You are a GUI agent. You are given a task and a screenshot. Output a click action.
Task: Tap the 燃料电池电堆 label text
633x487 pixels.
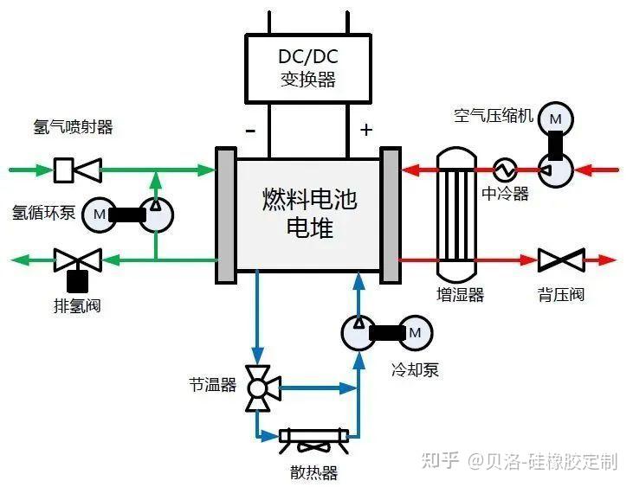tap(308, 215)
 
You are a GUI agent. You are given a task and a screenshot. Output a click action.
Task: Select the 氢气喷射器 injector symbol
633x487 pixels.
tap(76, 170)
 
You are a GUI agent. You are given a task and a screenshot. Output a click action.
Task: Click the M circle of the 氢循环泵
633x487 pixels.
tap(100, 214)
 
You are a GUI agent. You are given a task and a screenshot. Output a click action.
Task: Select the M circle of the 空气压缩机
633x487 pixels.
tap(556, 118)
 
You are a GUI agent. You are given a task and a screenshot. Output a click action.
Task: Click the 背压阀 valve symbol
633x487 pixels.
tap(559, 260)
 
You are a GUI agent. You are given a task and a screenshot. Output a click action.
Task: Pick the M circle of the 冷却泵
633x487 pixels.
tap(414, 332)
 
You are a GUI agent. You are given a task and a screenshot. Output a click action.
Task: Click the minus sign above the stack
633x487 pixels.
tap(250, 131)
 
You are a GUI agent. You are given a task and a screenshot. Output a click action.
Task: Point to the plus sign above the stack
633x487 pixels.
tap(366, 131)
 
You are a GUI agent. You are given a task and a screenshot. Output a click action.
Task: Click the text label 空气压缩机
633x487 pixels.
tap(494, 115)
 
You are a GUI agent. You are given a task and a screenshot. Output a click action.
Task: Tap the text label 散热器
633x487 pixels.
tap(313, 472)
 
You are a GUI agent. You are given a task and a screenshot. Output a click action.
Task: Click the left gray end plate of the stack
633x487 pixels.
tap(225, 215)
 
